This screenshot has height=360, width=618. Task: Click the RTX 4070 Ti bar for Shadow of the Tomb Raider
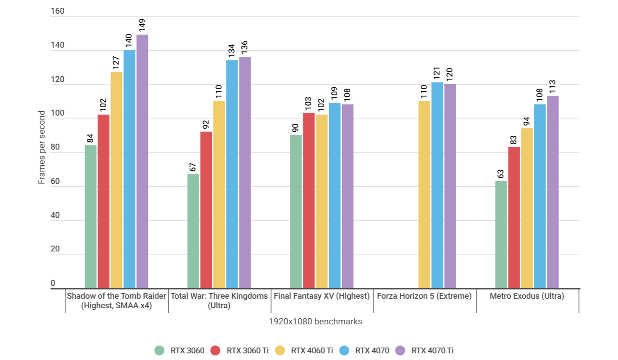142,162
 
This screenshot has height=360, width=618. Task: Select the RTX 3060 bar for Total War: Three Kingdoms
193,231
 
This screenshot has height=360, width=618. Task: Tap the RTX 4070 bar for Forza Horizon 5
437,185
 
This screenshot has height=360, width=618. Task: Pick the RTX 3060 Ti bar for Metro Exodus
514,217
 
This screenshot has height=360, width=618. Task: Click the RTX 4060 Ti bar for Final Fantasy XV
322,201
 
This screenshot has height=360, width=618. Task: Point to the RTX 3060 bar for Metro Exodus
501,234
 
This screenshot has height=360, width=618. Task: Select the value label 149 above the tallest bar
142,25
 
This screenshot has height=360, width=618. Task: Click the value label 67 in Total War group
193,167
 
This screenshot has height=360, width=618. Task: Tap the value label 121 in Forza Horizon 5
437,73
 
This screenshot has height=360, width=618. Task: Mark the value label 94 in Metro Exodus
526,121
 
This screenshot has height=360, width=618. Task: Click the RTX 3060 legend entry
179,350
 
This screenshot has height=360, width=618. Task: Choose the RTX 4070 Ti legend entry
424,350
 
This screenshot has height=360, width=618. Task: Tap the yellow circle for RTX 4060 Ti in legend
280,350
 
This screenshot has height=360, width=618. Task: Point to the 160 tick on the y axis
58,11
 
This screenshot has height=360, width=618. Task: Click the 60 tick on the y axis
55,181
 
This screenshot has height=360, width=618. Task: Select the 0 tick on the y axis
53,283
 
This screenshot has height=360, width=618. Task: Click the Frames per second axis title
41,147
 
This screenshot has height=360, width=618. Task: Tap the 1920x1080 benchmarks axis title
315,321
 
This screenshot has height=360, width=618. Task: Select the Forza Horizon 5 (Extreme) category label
424,296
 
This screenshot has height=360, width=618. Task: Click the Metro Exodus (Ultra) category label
526,296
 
